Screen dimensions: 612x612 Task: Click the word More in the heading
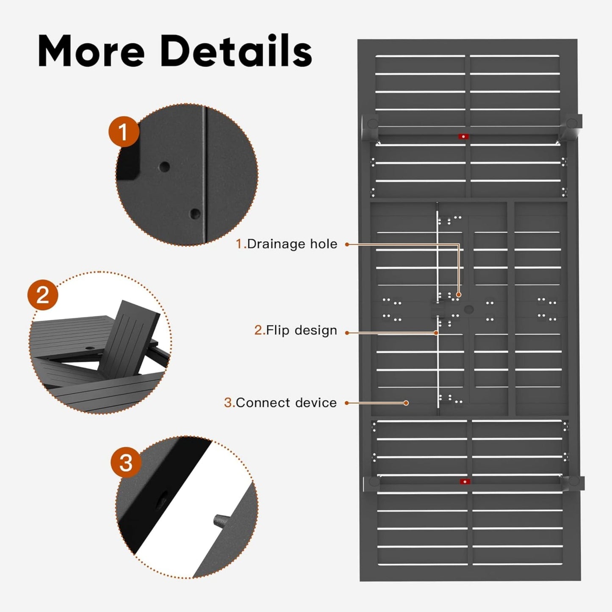[91, 52]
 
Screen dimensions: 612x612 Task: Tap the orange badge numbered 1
[123, 132]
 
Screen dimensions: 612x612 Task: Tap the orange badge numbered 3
[126, 462]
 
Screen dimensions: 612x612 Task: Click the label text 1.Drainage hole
[287, 244]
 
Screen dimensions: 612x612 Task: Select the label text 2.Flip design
[296, 330]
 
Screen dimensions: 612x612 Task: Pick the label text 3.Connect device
[280, 403]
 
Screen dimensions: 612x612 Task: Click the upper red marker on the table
[463, 136]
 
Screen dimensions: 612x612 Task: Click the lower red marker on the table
[465, 482]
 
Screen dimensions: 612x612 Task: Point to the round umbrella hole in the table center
[469, 309]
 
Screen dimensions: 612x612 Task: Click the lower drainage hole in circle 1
[195, 213]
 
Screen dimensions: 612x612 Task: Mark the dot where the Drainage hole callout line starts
[347, 244]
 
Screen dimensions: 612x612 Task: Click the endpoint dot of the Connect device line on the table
[406, 403]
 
